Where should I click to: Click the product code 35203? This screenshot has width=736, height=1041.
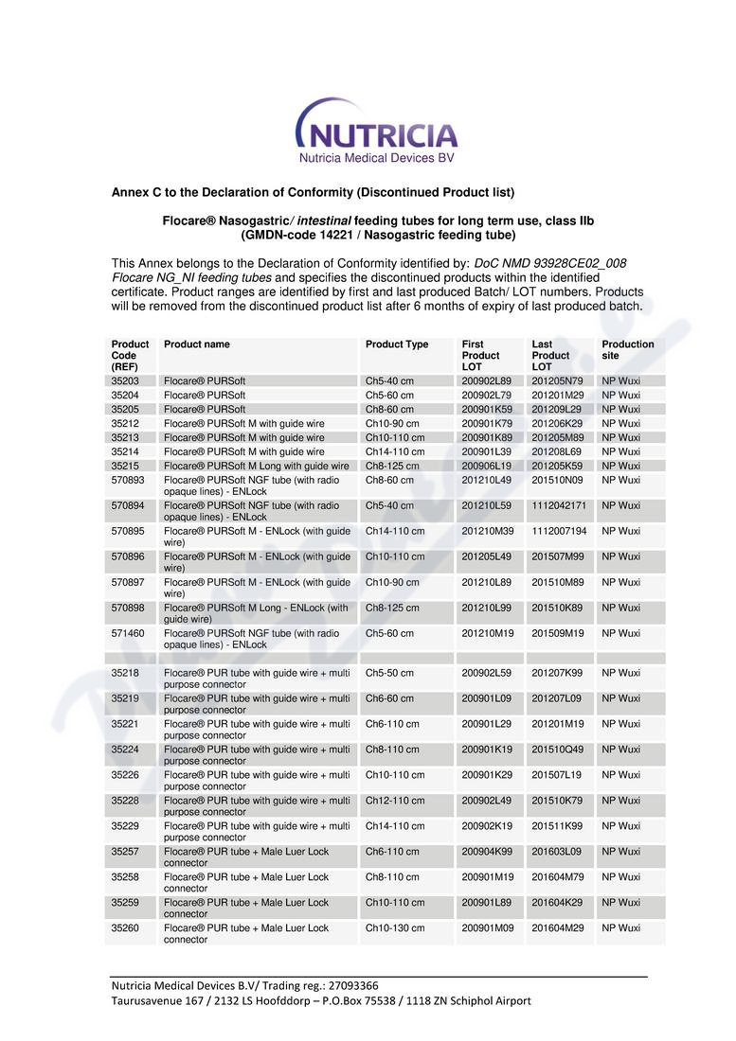125,380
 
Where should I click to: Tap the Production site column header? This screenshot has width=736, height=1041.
627,349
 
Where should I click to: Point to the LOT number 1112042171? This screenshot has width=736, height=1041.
559,505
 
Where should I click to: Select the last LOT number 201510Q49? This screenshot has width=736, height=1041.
557,750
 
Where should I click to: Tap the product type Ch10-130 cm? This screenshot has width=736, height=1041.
395,928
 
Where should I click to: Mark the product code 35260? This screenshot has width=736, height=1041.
125,928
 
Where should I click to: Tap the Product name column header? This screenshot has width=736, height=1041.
197,344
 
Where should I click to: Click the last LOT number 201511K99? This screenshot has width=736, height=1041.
557,826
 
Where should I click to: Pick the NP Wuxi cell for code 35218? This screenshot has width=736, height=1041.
620,673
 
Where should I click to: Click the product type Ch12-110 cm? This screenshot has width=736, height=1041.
395,801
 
